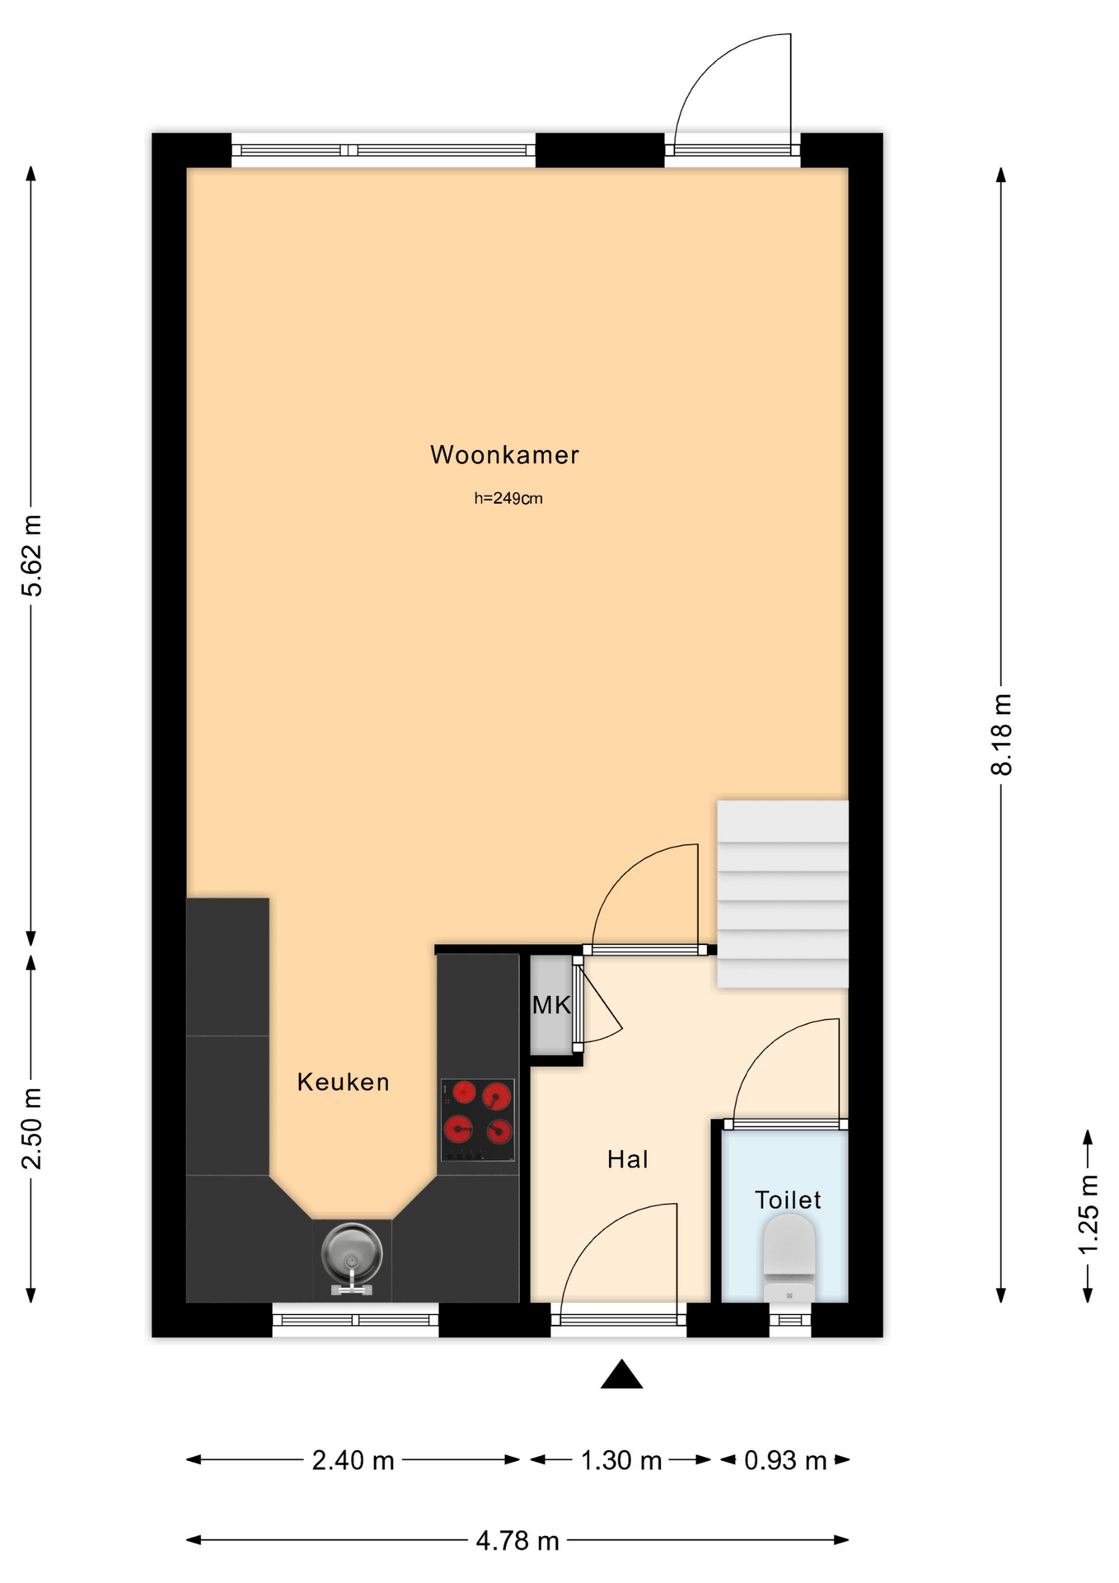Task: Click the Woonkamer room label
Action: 504,455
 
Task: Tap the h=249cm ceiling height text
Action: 508,498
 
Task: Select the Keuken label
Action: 343,1082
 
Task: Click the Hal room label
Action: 627,1159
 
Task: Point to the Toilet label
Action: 788,1200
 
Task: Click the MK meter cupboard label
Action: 551,1005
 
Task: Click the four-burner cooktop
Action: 478,1120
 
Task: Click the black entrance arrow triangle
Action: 621,1374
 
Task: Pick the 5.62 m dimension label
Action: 32,555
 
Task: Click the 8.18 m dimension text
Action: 1001,734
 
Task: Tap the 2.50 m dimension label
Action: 32,1128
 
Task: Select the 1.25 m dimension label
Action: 1088,1214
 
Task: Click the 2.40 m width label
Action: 353,1460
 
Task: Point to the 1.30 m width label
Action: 621,1460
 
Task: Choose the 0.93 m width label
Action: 785,1460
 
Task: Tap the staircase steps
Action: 782,894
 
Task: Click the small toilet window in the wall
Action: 790,1320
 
